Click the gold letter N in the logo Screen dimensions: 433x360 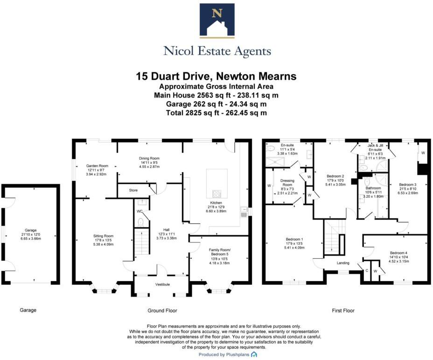tap(216, 14)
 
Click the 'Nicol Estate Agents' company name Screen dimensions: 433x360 tap(217, 51)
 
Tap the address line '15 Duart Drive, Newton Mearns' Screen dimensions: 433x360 tap(216, 76)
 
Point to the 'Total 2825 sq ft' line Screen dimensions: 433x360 tap(216, 113)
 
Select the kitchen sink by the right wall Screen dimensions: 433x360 tap(244, 214)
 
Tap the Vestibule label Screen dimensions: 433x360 tap(162, 284)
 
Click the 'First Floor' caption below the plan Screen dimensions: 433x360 tap(343, 310)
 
